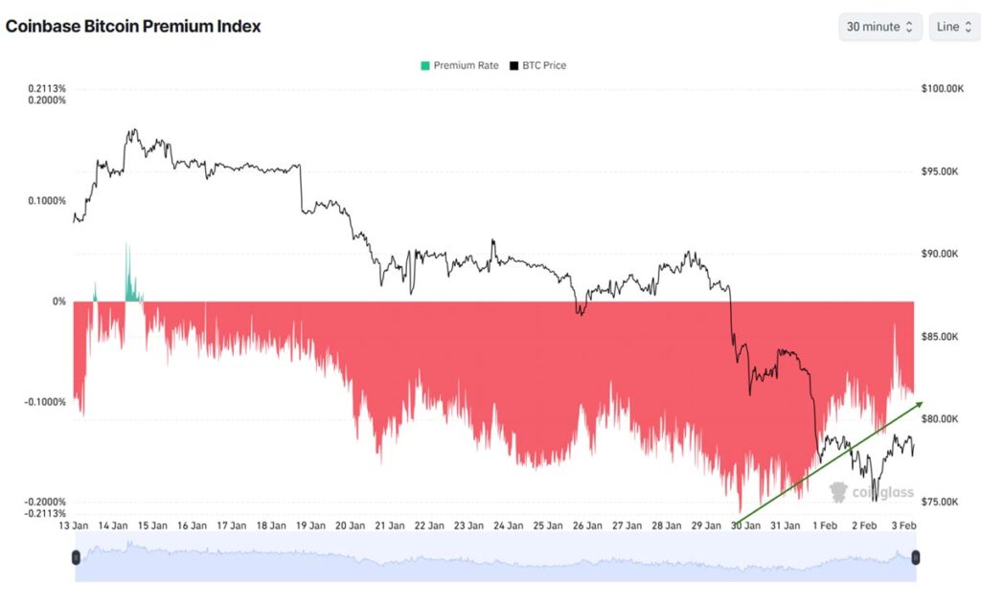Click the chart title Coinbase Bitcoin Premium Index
[133, 26]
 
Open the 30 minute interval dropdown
[880, 27]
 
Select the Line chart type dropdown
[953, 27]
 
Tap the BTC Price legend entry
[537, 65]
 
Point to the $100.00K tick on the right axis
[943, 89]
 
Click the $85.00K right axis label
[941, 337]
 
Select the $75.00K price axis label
[941, 502]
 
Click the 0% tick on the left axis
[59, 301]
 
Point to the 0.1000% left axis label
[47, 201]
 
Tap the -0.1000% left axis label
[45, 402]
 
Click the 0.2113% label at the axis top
[47, 89]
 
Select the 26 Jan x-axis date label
[587, 525]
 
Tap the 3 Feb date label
[903, 525]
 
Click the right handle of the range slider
[916, 557]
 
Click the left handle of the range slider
[76, 557]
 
